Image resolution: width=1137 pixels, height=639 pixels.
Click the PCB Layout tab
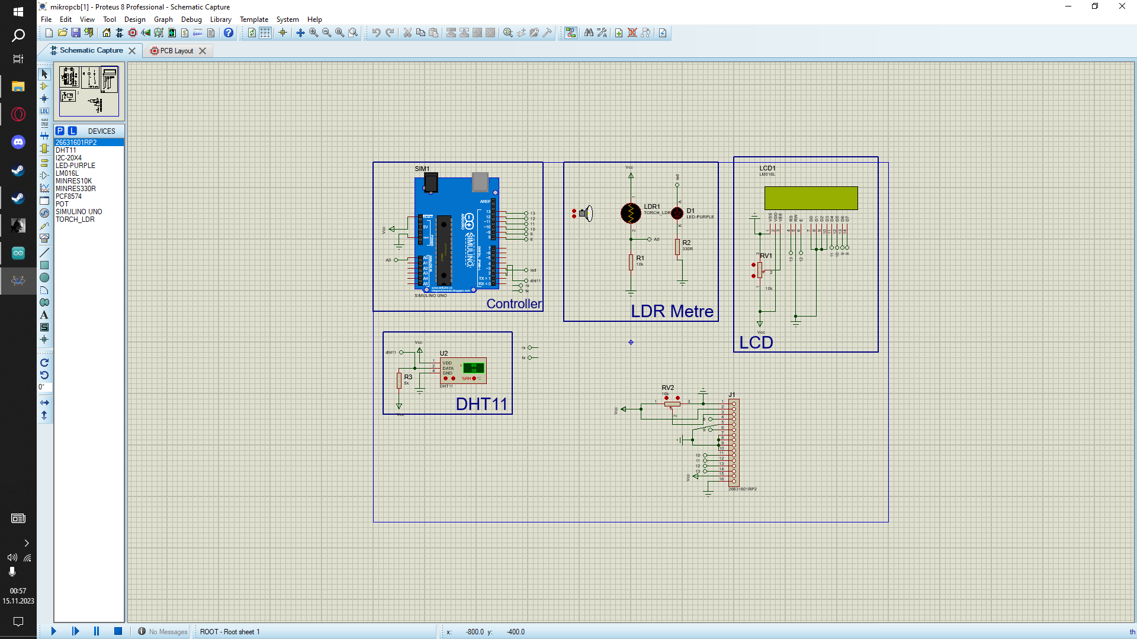click(x=176, y=51)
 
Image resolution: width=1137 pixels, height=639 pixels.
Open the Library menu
click(x=220, y=20)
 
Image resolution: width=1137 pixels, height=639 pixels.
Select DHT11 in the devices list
click(x=66, y=150)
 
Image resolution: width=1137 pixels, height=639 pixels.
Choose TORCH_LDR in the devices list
click(x=75, y=220)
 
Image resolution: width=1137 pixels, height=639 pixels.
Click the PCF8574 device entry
click(x=69, y=196)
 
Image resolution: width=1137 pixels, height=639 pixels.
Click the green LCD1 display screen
click(x=811, y=198)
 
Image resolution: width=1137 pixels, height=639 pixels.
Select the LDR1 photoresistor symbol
click(x=631, y=213)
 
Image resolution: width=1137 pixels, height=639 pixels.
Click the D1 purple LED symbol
click(x=677, y=213)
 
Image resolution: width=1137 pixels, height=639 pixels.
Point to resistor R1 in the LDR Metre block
click(x=631, y=262)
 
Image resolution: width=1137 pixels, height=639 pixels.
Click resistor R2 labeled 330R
click(x=677, y=247)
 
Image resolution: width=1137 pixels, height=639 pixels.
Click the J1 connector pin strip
click(x=734, y=441)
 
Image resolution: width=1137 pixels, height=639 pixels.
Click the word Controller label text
click(x=513, y=304)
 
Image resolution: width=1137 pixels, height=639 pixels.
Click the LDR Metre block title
click(x=672, y=311)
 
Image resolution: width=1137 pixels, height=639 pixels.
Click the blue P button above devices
click(x=60, y=131)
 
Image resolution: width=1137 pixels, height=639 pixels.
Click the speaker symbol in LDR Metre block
click(x=586, y=214)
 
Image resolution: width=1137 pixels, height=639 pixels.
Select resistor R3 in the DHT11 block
click(x=400, y=380)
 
